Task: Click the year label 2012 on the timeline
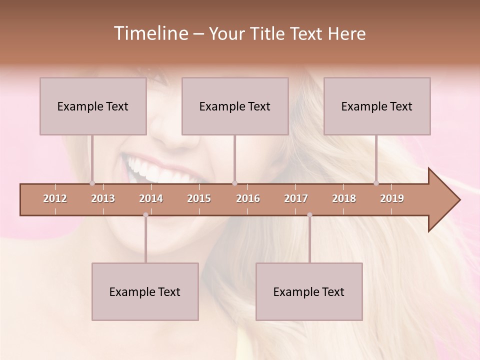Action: coord(55,198)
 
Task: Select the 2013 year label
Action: coord(103,198)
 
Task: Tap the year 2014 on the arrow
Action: coord(151,198)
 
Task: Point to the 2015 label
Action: coord(199,198)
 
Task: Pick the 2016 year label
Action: coord(248,198)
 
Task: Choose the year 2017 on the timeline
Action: coord(296,198)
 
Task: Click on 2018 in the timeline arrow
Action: coord(344,198)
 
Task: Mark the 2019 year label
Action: coord(392,198)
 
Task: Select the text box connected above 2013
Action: coord(93,106)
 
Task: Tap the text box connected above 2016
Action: coord(235,106)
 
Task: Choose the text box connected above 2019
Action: coord(377,106)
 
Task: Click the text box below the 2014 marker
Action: coord(145,291)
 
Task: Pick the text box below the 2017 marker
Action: coord(309,291)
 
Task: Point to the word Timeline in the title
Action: coord(150,33)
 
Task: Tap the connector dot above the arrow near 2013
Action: coord(92,183)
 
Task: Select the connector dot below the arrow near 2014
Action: coord(145,215)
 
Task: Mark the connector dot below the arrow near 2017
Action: coord(309,215)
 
